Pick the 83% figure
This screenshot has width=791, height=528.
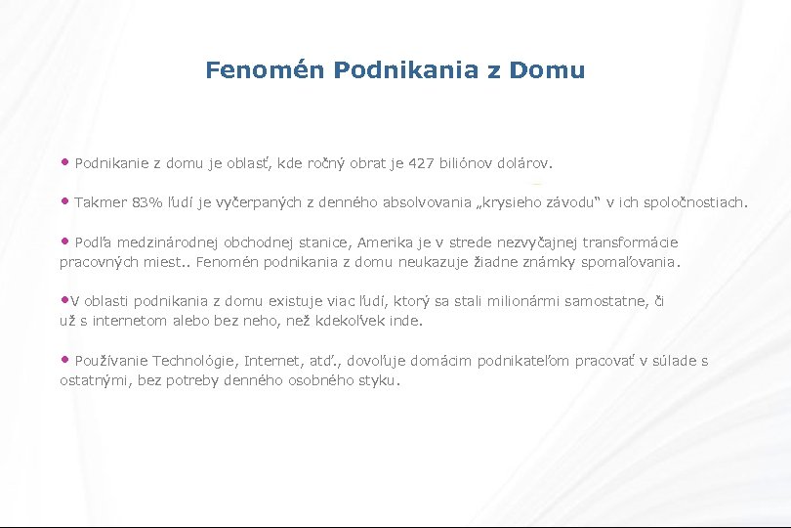[147, 203]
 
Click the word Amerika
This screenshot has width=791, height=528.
[387, 242]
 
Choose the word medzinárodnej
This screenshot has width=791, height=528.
[170, 242]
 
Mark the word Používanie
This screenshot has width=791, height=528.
[111, 362]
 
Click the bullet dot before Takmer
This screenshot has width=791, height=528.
[65, 201]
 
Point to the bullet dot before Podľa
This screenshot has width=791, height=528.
[65, 241]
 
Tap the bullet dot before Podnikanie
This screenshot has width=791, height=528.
[65, 160]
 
